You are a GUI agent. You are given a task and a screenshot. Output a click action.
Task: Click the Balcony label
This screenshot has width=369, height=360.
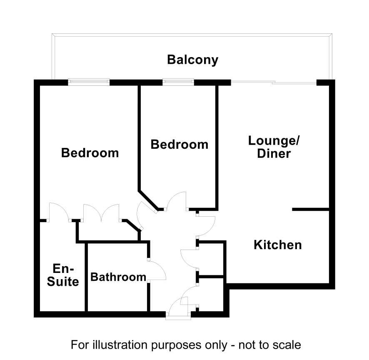coord(193,60)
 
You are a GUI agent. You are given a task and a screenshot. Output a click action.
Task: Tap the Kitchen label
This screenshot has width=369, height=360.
coord(278,245)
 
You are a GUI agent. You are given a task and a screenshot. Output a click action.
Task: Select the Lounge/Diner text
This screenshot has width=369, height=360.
coord(274,147)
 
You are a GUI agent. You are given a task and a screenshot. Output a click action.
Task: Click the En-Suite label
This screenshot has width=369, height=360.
coord(63,275)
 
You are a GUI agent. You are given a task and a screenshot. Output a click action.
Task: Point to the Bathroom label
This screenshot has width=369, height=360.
coord(118,277)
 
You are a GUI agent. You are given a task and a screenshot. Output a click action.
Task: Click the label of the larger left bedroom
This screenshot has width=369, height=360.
coord(90,153)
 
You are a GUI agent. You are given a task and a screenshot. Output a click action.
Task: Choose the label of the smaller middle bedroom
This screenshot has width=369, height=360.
coord(180,144)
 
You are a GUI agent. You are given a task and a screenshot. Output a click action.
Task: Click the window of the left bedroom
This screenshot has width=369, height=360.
coord(89,82)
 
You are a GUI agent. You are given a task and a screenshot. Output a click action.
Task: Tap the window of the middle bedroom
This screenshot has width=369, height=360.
coord(178,82)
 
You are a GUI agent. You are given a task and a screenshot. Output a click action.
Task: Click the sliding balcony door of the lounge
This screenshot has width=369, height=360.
coord(274,82)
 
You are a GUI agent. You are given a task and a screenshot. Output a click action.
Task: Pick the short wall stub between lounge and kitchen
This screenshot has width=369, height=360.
coord(310,209)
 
